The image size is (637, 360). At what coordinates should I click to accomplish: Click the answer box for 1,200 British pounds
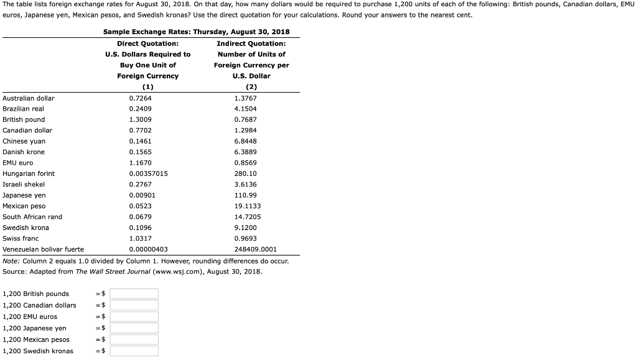click(x=134, y=293)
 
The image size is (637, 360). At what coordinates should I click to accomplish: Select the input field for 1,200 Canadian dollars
click(x=134, y=305)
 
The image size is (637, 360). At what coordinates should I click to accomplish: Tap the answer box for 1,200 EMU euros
click(x=134, y=316)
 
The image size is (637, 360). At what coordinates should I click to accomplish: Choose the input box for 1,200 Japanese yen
click(x=134, y=328)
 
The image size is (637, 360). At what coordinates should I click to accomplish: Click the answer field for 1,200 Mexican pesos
click(x=134, y=339)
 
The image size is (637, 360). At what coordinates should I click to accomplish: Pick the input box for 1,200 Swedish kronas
click(x=134, y=351)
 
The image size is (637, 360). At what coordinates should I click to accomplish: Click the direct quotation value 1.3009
click(x=139, y=119)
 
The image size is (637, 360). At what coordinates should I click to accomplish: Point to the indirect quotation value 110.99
click(x=245, y=195)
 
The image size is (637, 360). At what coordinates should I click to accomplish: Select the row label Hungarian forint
click(x=29, y=173)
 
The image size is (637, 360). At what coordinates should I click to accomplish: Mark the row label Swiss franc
click(x=21, y=239)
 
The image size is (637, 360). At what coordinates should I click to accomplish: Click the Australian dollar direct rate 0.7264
click(x=140, y=98)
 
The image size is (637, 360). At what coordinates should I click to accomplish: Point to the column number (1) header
click(x=147, y=87)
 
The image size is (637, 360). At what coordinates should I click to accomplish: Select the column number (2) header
click(x=251, y=87)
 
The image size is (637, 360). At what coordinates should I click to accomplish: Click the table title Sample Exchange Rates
click(x=196, y=32)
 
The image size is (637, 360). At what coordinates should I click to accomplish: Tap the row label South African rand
click(x=32, y=217)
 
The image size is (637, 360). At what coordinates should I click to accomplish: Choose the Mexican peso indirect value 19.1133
click(x=248, y=206)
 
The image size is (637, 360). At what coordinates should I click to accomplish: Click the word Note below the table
click(x=11, y=261)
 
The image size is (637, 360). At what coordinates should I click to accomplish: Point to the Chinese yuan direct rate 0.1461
click(x=140, y=141)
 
